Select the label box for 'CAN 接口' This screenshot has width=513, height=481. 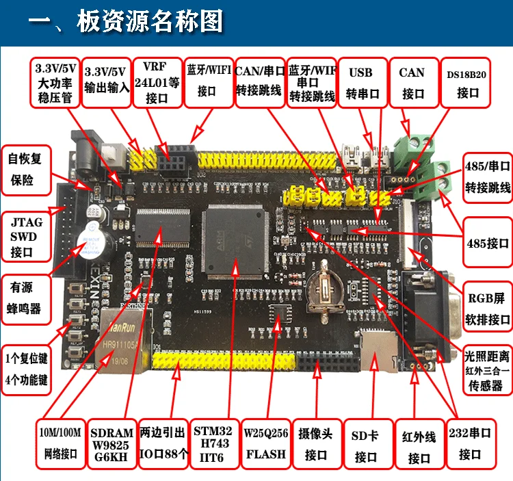tap(412, 83)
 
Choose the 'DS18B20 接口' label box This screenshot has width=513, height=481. tap(467, 83)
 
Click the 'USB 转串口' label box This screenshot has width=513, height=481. tap(363, 83)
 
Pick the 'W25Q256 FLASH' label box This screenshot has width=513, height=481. tap(265, 443)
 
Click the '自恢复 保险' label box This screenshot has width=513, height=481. tap(25, 170)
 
